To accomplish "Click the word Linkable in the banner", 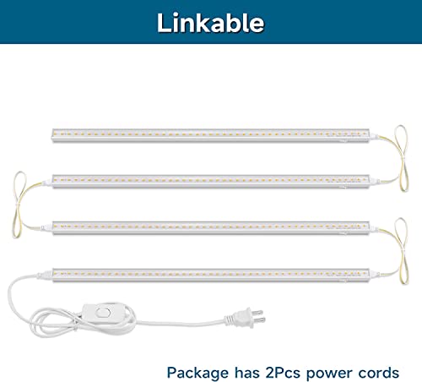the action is (210, 23).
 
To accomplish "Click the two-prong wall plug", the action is (246, 318).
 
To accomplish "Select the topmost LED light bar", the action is (210, 135).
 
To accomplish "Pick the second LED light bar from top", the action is (210, 182).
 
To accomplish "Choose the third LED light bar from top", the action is (210, 228).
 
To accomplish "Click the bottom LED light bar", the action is (210, 275).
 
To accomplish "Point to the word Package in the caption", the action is (197, 374).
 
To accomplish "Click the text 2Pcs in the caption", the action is (283, 373).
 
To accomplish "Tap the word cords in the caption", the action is (379, 373).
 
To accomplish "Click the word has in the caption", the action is (247, 373).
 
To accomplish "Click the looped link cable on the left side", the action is (18, 205).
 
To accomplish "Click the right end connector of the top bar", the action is (374, 136).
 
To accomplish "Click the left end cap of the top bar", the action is (53, 135).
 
